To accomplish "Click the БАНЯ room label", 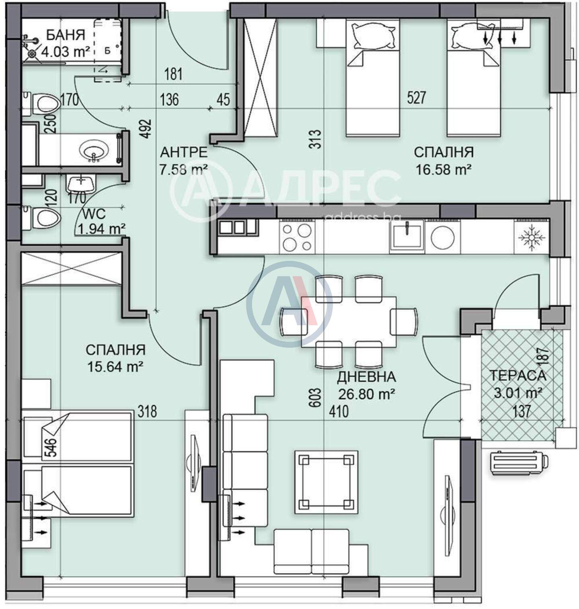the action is [66, 35].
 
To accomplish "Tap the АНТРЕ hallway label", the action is [184, 152].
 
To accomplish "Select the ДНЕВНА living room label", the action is [366, 377].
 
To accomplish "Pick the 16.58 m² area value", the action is [443, 169].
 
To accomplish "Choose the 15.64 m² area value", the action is [115, 367].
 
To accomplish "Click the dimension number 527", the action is [416, 98].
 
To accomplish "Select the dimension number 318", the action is [147, 412].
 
